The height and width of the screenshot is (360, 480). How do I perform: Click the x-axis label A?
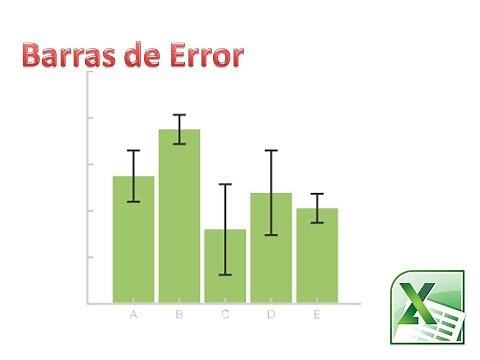click(x=133, y=316)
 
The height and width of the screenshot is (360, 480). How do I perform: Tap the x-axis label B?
click(x=179, y=316)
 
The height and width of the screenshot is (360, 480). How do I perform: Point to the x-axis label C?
click(x=225, y=316)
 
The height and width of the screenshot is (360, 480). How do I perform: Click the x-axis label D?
click(x=271, y=316)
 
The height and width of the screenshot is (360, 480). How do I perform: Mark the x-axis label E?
click(x=317, y=316)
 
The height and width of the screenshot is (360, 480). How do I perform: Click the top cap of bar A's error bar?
click(x=133, y=151)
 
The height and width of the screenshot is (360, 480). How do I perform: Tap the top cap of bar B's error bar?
click(x=179, y=115)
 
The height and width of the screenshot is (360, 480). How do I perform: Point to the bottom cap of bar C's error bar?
click(x=225, y=274)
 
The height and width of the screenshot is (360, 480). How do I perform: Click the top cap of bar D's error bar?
click(x=271, y=151)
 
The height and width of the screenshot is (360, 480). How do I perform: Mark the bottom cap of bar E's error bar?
click(x=317, y=222)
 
